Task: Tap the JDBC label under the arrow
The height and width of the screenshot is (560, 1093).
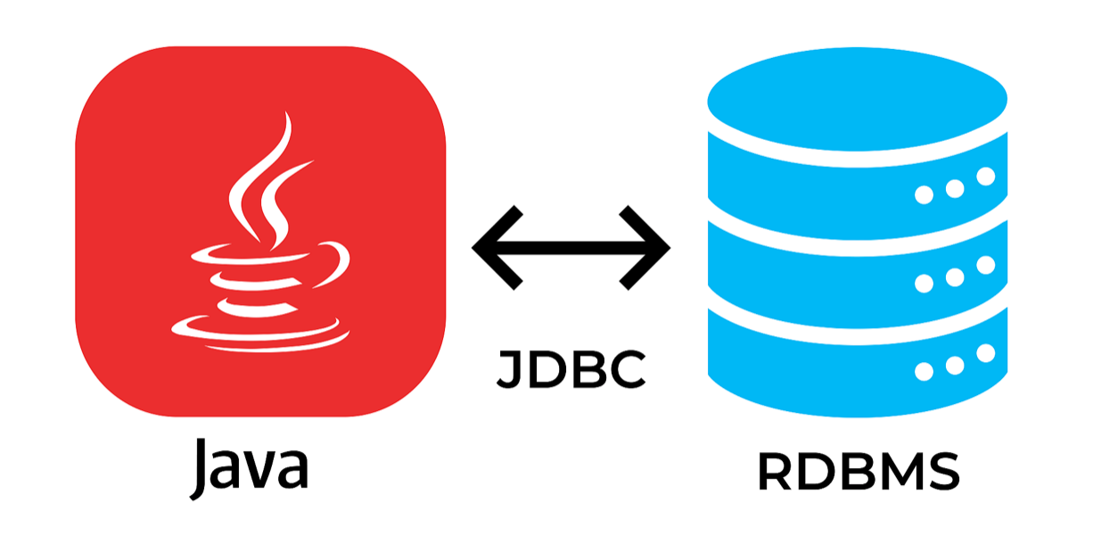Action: [571, 368]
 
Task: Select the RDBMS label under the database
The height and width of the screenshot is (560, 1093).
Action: [858, 473]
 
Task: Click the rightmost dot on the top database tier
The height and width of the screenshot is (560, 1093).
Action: [985, 177]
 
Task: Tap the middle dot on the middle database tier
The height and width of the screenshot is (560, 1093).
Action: [955, 276]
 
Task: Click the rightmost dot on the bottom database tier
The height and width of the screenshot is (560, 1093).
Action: [985, 353]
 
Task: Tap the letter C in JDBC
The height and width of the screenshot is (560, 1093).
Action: [627, 368]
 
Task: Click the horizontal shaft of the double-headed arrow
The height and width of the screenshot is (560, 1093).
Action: [571, 248]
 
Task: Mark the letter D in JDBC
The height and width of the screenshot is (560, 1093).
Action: [546, 368]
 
